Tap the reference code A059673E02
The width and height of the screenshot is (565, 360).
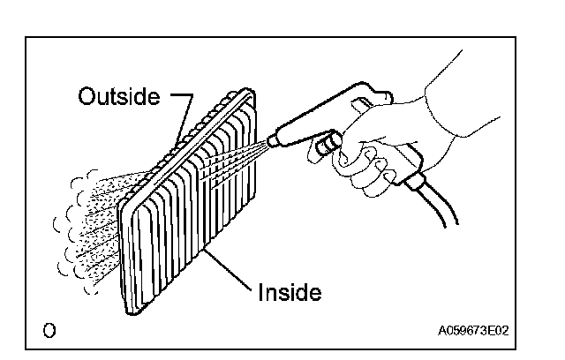(473, 331)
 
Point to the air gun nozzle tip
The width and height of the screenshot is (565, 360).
(273, 139)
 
